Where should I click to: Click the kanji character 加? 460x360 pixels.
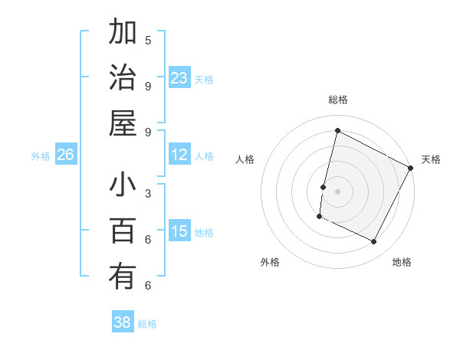pyautogui.click(x=123, y=34)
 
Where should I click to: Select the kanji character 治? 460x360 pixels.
pyautogui.click(x=123, y=79)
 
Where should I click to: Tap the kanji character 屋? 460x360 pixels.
pyautogui.click(x=123, y=123)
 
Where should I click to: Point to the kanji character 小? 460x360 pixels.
pyautogui.click(x=123, y=186)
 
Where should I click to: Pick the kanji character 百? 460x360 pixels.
pyautogui.click(x=123, y=231)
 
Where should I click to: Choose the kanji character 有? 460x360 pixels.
pyautogui.click(x=123, y=276)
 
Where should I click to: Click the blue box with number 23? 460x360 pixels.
pyautogui.click(x=179, y=77)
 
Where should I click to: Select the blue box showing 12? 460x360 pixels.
pyautogui.click(x=179, y=155)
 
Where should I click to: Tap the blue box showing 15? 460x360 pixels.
pyautogui.click(x=179, y=231)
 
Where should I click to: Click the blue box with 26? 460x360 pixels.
pyautogui.click(x=66, y=155)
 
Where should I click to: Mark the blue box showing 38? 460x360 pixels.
pyautogui.click(x=123, y=322)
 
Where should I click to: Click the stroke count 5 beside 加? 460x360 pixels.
pyautogui.click(x=148, y=40)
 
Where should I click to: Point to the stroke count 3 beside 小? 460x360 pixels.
pyautogui.click(x=148, y=193)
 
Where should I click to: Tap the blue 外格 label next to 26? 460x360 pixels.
pyautogui.click(x=41, y=156)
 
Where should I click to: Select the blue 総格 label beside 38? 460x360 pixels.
pyautogui.click(x=147, y=324)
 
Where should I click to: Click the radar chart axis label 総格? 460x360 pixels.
pyautogui.click(x=337, y=100)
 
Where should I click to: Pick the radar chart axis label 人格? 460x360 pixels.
pyautogui.click(x=245, y=159)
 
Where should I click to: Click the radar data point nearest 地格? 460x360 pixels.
pyautogui.click(x=374, y=242)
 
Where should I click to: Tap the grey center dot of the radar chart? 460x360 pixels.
pyautogui.click(x=337, y=191)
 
